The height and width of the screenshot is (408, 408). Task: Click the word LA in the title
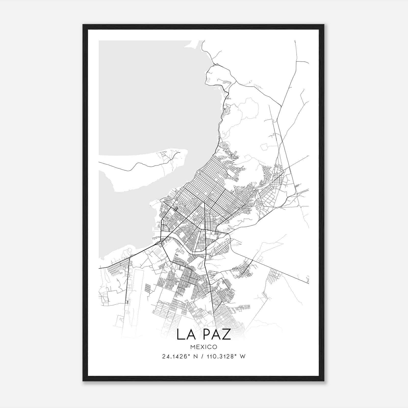coord(185,334)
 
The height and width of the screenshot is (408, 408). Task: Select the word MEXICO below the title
coord(204,347)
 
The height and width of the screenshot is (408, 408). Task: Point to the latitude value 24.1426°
coord(175,356)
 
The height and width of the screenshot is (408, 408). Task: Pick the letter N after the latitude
coord(196,356)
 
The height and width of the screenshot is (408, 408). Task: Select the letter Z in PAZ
coord(226,334)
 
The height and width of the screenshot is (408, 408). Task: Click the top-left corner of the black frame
coord(83,25)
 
